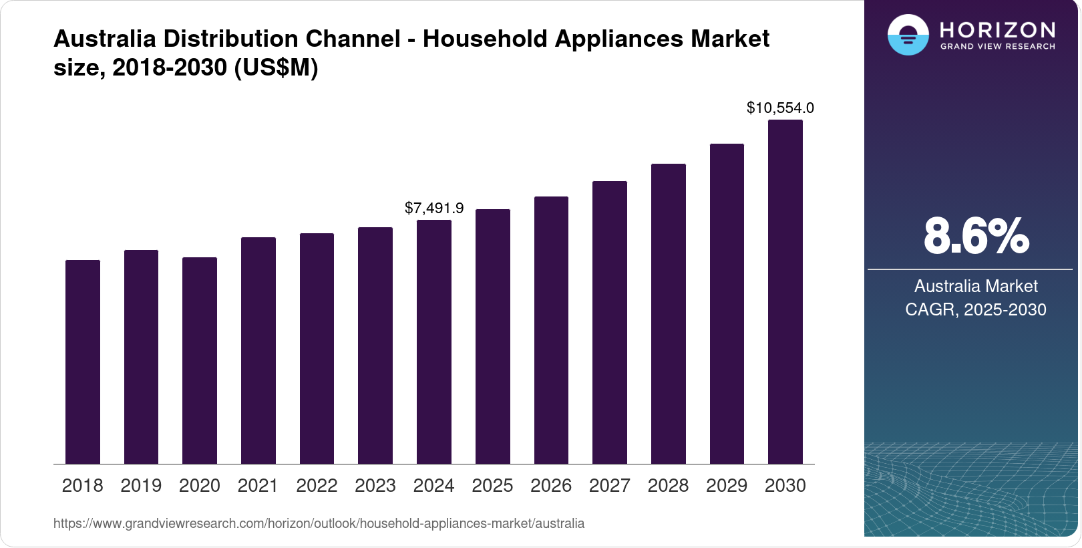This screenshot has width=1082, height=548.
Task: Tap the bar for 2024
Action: [434, 341]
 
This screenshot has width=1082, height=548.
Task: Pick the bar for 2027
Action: [610, 322]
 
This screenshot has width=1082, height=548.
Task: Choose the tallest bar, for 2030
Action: [785, 291]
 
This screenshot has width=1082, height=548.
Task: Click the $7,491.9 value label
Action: [434, 208]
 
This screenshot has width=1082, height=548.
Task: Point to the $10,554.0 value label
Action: [780, 108]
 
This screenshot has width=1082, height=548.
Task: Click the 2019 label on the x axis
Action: [141, 485]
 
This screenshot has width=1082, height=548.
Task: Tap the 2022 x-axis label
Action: [317, 485]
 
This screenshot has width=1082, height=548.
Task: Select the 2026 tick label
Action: [551, 485]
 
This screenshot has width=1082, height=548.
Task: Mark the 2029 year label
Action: [727, 485]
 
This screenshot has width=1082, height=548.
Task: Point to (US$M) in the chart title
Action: [276, 67]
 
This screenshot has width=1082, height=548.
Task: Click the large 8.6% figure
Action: [976, 236]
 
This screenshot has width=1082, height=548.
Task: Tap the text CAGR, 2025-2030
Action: [976, 309]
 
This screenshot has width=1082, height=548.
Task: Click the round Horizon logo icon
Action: [908, 35]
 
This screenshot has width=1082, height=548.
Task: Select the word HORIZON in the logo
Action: [998, 29]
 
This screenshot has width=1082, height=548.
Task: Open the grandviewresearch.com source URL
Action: [319, 523]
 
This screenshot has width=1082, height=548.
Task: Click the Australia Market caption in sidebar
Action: [976, 286]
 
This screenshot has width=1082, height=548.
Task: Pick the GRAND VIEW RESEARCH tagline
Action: [998, 46]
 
